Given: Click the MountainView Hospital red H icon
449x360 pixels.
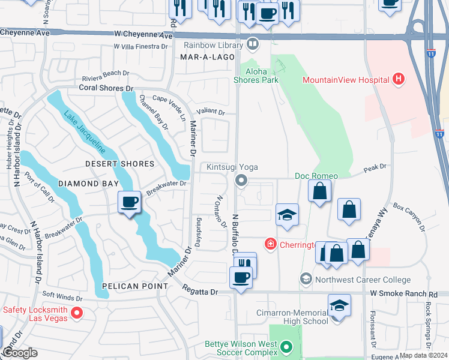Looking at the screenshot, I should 397,79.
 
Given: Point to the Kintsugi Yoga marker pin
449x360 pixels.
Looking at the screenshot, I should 241,180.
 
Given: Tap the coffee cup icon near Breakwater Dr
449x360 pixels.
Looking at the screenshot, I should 129,202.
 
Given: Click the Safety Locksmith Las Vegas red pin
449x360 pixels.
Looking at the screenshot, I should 76,313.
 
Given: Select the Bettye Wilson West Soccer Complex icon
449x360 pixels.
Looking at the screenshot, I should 286,346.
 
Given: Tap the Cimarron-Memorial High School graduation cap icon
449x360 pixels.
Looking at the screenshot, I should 339,305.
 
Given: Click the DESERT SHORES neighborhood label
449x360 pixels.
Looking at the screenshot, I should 119,164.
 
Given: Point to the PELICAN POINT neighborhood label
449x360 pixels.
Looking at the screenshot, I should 134,286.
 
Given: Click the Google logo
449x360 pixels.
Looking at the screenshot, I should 20,353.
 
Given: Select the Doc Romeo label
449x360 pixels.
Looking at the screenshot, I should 316,176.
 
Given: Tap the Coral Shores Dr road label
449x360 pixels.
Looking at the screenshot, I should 106,88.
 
